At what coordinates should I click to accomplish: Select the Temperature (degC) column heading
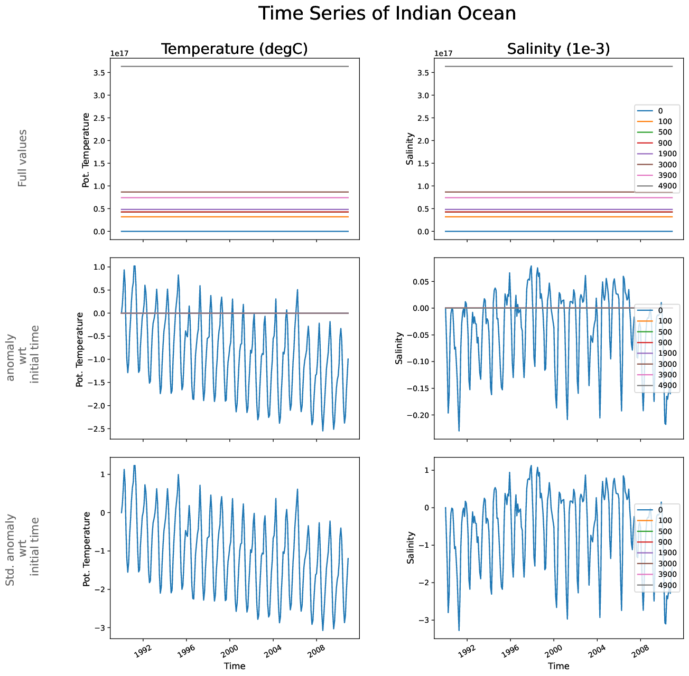point(234,49)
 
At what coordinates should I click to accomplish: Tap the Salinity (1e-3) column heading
point(558,49)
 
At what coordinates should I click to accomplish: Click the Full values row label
point(22,158)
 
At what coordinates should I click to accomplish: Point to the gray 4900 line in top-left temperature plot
point(235,66)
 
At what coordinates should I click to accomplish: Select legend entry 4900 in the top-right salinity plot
point(667,186)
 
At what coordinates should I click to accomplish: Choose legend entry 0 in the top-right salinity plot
point(660,111)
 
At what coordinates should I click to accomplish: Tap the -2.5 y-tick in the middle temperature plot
point(98,429)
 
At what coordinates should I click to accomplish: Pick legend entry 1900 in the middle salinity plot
point(667,353)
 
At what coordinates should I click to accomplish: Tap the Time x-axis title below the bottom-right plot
point(558,666)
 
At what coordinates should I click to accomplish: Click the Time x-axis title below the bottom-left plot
point(234,666)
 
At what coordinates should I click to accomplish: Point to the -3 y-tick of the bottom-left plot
point(100,628)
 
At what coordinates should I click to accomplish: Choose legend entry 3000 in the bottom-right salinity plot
point(667,564)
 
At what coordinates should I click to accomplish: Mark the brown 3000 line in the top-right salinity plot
point(528,192)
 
